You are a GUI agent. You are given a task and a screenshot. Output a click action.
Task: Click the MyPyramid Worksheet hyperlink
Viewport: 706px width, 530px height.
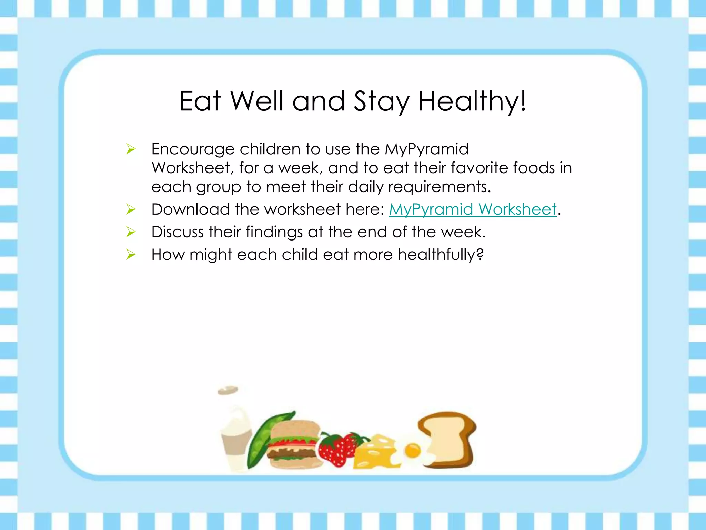click(x=473, y=209)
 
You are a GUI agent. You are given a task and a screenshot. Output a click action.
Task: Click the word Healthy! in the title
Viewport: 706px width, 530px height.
click(x=472, y=101)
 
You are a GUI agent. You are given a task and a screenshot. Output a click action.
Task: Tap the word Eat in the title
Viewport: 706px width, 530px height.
click(x=200, y=101)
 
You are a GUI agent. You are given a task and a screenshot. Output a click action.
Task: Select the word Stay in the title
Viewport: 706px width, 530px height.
click(x=382, y=102)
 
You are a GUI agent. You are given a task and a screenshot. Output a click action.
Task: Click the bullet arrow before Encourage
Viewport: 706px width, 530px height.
click(x=131, y=149)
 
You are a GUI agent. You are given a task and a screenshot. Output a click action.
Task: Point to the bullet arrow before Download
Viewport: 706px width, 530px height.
click(x=131, y=209)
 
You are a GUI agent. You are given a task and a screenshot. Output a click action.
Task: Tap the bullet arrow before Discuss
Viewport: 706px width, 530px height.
click(x=131, y=232)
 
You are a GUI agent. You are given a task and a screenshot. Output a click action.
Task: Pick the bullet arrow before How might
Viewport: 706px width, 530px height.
click(x=131, y=255)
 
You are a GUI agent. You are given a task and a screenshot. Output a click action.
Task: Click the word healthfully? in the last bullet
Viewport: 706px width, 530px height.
click(x=441, y=255)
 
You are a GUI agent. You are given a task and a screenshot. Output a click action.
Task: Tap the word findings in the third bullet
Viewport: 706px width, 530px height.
click(x=274, y=232)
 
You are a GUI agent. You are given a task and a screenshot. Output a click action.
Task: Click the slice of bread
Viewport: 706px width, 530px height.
click(x=448, y=438)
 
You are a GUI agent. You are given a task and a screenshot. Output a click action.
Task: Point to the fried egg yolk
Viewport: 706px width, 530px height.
click(x=412, y=450)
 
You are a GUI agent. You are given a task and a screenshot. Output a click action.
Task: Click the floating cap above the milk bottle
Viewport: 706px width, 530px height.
click(x=228, y=390)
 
